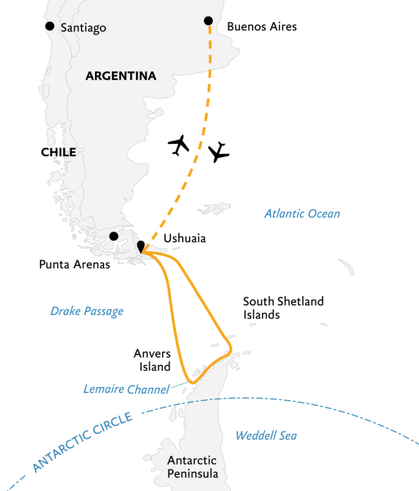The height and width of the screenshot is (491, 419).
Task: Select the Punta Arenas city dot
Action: point(114,236)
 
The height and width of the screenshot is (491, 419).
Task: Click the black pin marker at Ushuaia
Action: point(141,245)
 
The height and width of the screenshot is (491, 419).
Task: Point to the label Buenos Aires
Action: point(262,27)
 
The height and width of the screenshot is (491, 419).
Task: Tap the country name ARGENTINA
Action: point(120,76)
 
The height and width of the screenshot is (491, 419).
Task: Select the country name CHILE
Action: point(58,152)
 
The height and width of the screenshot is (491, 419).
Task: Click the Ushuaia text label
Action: point(185,239)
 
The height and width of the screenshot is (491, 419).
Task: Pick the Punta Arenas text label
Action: point(75,264)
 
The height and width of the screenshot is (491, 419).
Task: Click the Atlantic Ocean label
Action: point(302,214)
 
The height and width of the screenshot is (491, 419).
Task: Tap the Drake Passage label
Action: point(87,311)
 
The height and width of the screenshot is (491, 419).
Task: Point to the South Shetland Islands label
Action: point(283,308)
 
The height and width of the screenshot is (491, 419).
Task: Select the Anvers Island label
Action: point(152,360)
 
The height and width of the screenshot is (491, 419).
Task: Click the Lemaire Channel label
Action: point(126,389)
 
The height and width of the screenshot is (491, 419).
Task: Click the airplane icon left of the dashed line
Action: point(178,145)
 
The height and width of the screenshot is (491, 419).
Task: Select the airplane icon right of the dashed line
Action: point(219,151)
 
